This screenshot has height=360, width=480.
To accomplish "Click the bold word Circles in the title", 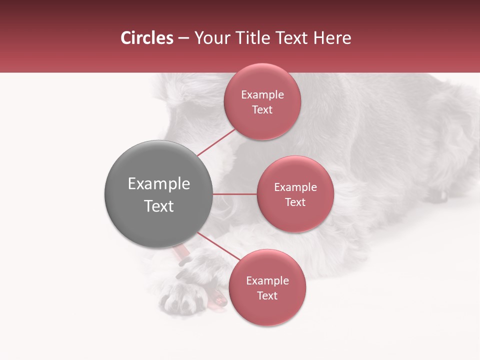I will coord(147,38).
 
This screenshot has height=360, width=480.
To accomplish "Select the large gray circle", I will coord(158,194).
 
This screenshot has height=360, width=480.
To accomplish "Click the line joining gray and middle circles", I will coord(235,194).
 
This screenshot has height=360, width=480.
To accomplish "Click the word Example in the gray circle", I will coord(158,184).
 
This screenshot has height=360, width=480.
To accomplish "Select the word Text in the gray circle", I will coord(158,206).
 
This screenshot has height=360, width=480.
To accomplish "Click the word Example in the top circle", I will coord(262,95).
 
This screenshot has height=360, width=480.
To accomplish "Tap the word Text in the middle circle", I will coord(295,202).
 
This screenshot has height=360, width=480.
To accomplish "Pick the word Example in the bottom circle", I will coord(267,281).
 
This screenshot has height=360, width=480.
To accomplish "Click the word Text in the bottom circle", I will coord(267,296).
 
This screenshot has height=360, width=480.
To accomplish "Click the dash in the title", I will coord(183,38).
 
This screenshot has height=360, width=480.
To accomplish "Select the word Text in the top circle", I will coord(262,110).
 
